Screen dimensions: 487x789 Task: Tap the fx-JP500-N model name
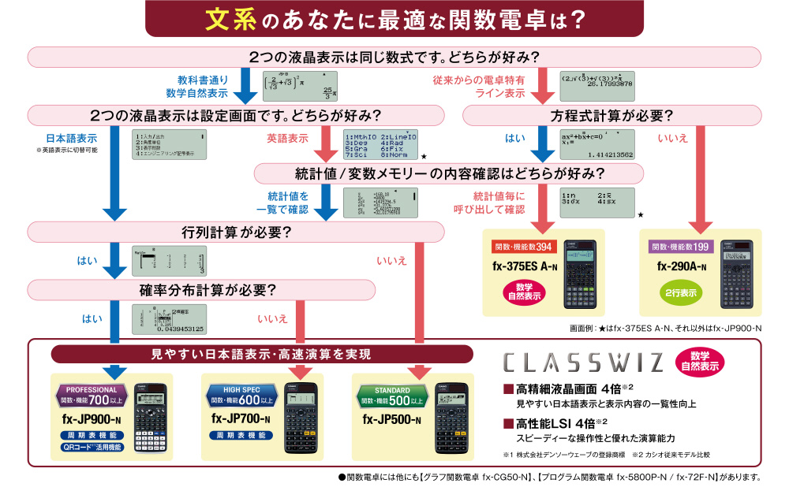coord(392,419)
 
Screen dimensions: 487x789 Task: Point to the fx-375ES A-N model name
coord(523,266)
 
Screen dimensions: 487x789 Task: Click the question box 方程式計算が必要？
coord(611,115)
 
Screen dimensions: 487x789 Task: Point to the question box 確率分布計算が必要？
coord(213,289)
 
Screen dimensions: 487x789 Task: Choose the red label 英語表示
coord(287,137)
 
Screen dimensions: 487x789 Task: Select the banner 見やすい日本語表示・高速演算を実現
coord(261,354)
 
